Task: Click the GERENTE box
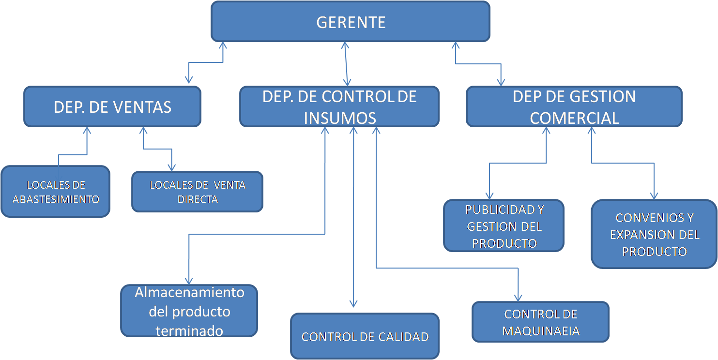point(351,22)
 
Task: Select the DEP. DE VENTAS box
point(112,107)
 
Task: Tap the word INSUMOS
point(340,119)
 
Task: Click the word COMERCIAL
point(574,119)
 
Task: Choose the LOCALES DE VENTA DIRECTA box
point(198,192)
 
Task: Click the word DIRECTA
point(198,199)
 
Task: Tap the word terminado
point(189,330)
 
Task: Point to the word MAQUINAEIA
point(541,331)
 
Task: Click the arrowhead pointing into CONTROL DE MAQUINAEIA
point(519,299)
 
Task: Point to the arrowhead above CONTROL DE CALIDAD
point(353,304)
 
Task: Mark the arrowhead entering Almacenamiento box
point(189,281)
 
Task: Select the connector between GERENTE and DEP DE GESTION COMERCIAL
point(479,64)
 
